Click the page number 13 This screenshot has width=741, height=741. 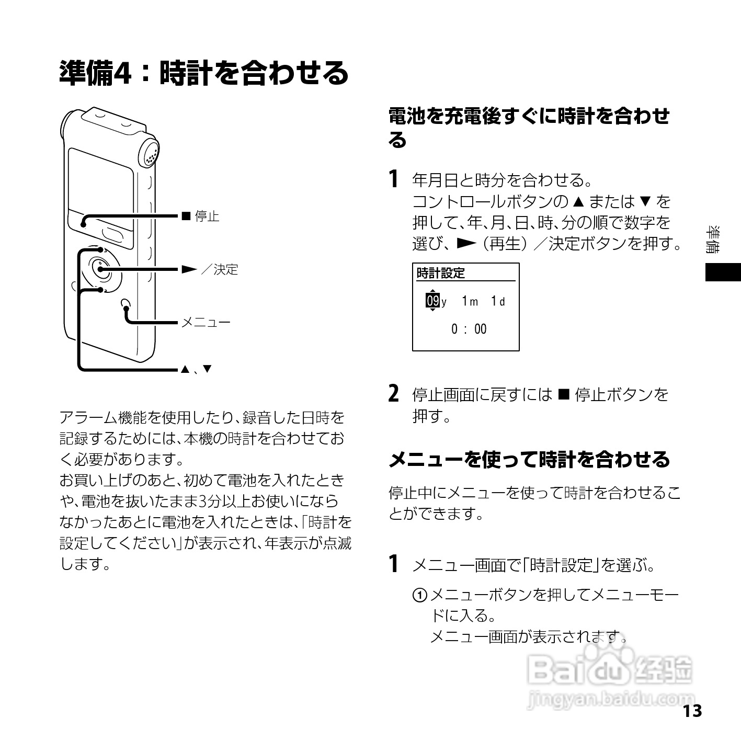691,711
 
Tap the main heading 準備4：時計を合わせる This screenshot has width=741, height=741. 203,73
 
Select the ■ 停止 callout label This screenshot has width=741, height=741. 200,216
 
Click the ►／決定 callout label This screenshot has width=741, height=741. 210,269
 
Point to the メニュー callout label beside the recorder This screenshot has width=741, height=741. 206,322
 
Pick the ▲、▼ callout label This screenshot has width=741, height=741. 196,369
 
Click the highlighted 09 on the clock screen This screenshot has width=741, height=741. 432,301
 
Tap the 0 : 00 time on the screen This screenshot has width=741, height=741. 469,329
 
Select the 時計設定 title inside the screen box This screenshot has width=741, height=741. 440,273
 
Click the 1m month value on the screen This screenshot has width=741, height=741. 470,301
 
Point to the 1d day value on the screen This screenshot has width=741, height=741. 498,301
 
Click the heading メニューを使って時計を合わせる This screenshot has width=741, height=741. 529,459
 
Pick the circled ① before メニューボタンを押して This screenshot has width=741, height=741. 419,595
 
